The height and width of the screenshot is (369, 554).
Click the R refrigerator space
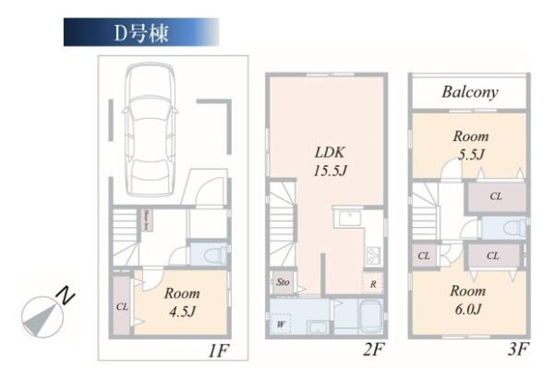373,284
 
